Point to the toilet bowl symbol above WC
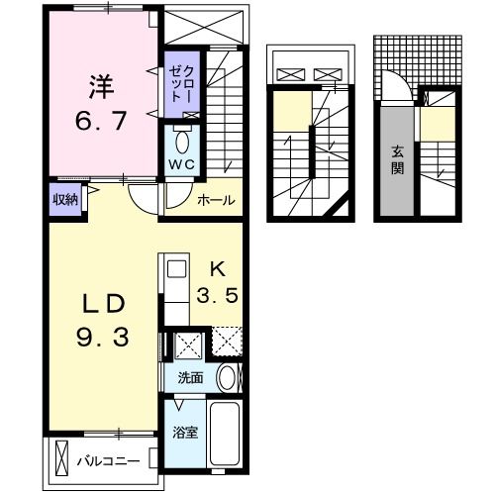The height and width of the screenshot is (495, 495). [x=181, y=138]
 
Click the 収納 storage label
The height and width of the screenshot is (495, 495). [x=64, y=199]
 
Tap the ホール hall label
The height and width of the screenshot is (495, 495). [x=216, y=200]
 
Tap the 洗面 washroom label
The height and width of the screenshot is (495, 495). [x=190, y=377]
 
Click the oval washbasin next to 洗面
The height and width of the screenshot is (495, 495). [x=227, y=378]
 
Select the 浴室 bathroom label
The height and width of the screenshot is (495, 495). [x=183, y=433]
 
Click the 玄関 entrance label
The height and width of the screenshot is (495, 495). [x=397, y=159]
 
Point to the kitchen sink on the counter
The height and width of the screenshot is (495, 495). [x=174, y=269]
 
